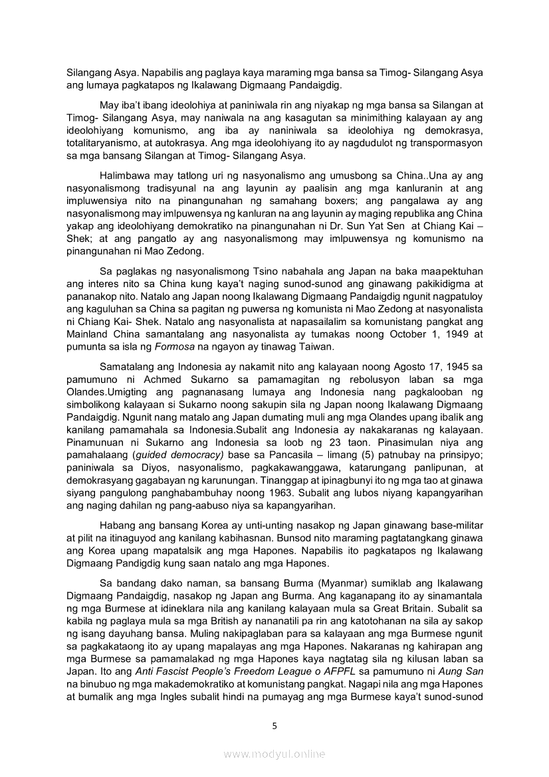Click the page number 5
click(x=274, y=726)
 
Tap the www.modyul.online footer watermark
click(x=274, y=754)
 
